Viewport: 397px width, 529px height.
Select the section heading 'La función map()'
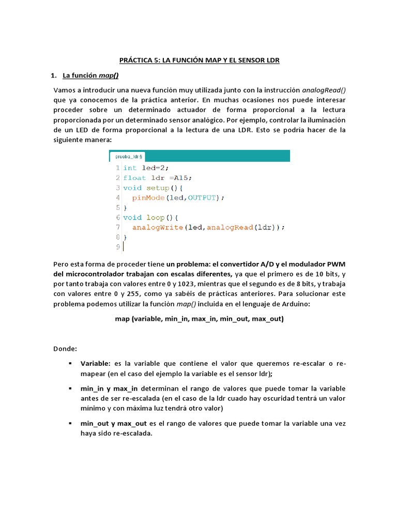[x=90, y=75]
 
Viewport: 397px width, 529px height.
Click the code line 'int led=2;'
[x=146, y=167]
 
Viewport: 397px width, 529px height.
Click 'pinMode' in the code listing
[x=148, y=197]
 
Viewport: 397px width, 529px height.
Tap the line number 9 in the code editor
[x=118, y=247]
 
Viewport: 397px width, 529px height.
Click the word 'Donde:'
[x=65, y=349]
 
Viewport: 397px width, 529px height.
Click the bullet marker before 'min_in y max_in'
[x=70, y=388]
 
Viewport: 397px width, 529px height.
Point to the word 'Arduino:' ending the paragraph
[x=296, y=304]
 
